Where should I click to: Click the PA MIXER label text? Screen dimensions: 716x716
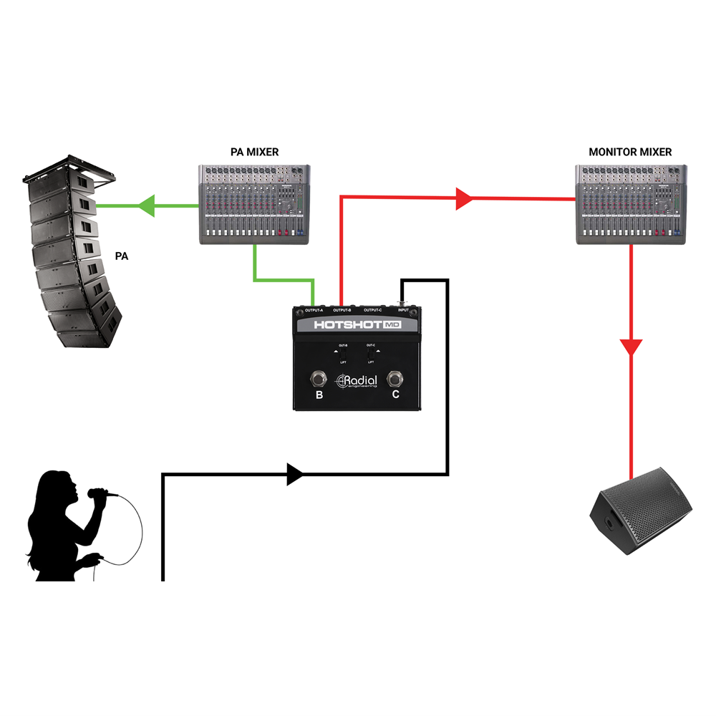[254, 152]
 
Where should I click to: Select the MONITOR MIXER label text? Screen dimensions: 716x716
[630, 152]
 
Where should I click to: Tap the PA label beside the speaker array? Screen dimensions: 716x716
[122, 256]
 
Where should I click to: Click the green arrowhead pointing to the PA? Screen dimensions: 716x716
[147, 206]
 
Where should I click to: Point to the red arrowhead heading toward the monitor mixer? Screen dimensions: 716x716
[464, 199]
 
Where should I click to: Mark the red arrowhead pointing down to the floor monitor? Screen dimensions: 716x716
[631, 348]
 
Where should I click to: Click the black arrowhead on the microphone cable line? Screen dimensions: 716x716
[294, 474]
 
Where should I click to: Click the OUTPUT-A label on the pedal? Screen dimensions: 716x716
[314, 310]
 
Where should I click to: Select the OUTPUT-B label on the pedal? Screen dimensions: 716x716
[342, 310]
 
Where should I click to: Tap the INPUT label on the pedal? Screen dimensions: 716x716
[405, 310]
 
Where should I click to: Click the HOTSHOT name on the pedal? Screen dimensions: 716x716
[347, 325]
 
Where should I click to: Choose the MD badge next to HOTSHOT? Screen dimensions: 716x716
[392, 325]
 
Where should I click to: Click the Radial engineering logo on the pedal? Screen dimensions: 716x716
[357, 382]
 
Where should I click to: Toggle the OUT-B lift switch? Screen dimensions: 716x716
[342, 354]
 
